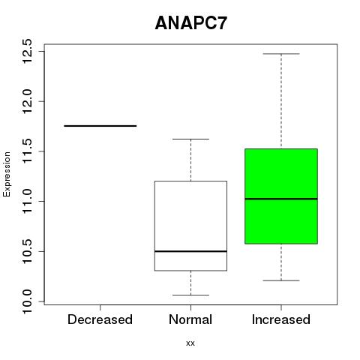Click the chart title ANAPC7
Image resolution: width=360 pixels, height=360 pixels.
[191, 23]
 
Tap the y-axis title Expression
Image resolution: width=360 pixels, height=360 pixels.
[7, 174]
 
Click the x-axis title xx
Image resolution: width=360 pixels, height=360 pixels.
[190, 343]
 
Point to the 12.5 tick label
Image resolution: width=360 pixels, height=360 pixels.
[27, 51]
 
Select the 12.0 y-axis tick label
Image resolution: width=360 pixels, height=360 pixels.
[27, 101]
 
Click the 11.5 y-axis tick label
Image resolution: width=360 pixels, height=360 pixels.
[27, 151]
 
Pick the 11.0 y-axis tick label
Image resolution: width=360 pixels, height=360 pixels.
[27, 201]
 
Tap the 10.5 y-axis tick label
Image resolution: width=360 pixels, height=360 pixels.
[27, 251]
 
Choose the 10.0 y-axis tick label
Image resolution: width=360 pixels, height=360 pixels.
[27, 301]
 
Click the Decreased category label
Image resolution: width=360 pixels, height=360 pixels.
[100, 319]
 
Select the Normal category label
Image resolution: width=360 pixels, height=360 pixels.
[190, 319]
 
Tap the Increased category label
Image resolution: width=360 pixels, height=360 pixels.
[281, 319]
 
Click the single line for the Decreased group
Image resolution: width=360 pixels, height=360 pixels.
[100, 126]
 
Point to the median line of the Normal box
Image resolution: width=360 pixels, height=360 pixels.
[190, 251]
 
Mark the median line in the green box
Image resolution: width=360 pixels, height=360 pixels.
[281, 199]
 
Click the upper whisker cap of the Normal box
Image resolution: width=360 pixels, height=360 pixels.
[190, 139]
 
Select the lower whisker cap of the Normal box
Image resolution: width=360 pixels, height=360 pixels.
[190, 295]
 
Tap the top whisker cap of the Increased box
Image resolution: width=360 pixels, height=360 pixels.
[281, 54]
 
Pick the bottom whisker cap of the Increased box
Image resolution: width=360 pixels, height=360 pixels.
[281, 280]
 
